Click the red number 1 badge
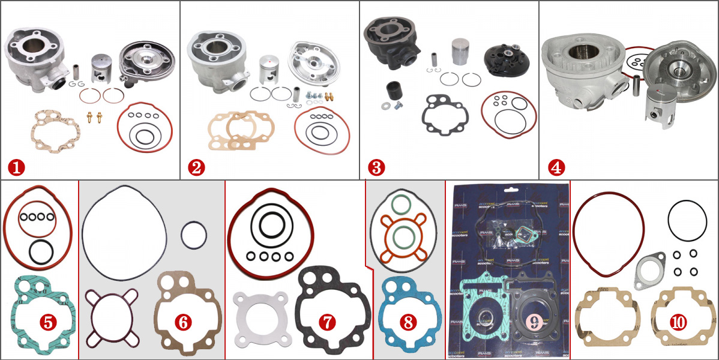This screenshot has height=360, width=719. pyautogui.click(x=16, y=167)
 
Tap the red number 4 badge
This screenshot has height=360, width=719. pyautogui.click(x=556, y=167)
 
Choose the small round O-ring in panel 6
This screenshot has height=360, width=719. pyautogui.click(x=193, y=235)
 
